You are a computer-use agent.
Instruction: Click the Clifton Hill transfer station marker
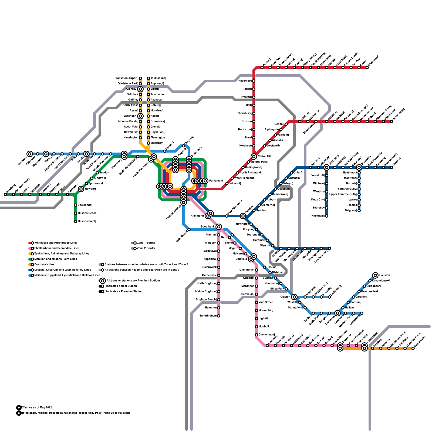click(x=254, y=157)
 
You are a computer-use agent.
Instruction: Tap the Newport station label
click(x=90, y=189)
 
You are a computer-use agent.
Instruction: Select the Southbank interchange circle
click(x=219, y=227)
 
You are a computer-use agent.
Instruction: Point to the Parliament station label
click(x=216, y=181)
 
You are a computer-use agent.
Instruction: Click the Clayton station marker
click(x=294, y=297)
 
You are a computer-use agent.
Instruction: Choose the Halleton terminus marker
click(x=375, y=275)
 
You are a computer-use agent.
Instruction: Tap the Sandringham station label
click(x=208, y=316)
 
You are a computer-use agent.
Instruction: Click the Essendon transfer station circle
click(x=140, y=116)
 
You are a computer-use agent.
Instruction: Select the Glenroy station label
click(x=131, y=89)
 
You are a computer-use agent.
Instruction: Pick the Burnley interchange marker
click(x=243, y=216)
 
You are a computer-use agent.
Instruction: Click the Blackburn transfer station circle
click(x=327, y=167)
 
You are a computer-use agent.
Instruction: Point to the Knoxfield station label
click(x=318, y=216)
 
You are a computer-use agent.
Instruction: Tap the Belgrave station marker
click(x=359, y=211)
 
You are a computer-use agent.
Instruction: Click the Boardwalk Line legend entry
click(x=44, y=265)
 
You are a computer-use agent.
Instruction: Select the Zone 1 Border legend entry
click(x=146, y=243)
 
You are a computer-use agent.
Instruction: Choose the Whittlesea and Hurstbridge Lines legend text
click(x=56, y=243)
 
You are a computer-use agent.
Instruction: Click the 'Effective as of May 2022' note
click(x=37, y=408)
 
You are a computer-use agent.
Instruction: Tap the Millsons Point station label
click(x=87, y=221)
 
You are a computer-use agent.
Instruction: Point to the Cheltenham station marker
click(x=256, y=335)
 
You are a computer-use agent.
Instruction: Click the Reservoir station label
click(x=245, y=81)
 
